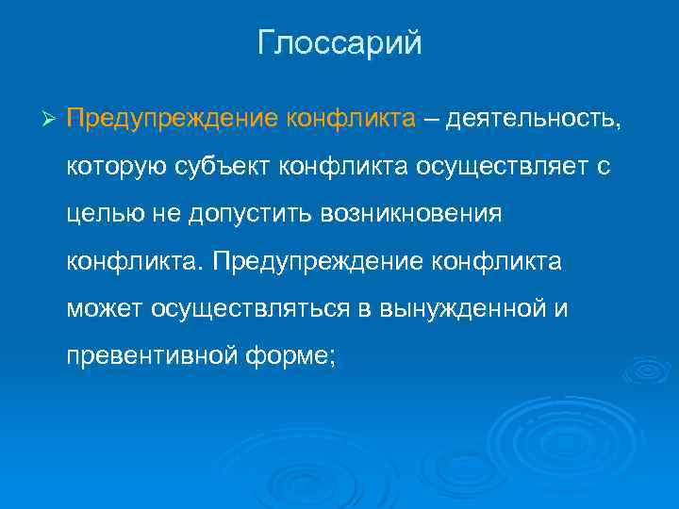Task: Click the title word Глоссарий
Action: click(339, 44)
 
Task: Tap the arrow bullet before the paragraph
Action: click(51, 121)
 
